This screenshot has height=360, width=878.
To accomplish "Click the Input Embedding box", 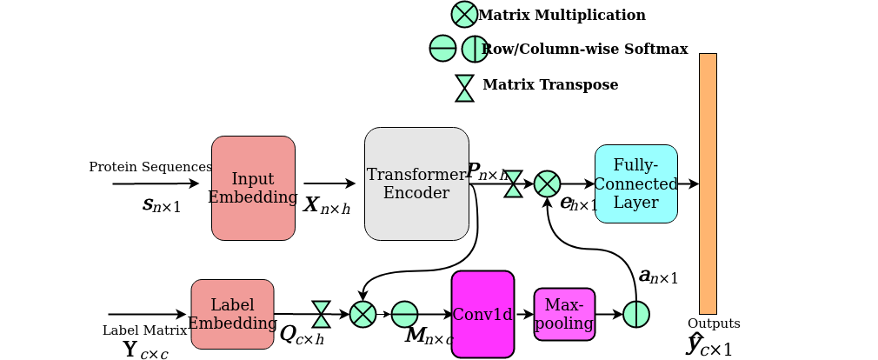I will coord(253,188).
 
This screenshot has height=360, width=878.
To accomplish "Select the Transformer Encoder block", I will coord(416,183).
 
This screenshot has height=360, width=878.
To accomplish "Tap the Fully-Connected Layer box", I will coord(636,183).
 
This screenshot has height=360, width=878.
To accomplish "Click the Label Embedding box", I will coord(232,314).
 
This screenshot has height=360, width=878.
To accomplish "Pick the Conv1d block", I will coord(482,314).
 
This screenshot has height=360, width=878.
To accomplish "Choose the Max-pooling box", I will coord(564,314).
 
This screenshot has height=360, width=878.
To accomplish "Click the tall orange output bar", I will coord(708,183).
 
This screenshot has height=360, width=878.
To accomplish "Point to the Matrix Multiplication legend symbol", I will coord(464,14).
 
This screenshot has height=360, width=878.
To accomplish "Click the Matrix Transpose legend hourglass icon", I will coord(465,88).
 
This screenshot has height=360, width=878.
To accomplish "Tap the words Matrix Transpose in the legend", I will coord(550,85).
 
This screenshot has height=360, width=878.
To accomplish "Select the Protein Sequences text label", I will coord(150,167).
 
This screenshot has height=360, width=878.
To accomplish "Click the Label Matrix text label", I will coord(144,330).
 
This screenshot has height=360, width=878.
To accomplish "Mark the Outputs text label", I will coord(714,323).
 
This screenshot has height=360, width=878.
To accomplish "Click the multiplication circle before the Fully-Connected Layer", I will coord(547,183).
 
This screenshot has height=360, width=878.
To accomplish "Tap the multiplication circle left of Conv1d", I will coord(363,314).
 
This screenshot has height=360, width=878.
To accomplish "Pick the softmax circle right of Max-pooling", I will coord(636,314).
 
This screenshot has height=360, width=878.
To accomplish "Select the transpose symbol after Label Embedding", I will coord(321,314).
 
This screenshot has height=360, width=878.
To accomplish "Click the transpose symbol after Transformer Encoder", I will coord(514,183).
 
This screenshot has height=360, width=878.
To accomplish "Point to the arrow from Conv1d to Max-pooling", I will coord(524,314).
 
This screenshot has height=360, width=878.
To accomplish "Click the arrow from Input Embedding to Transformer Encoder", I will coord(329,183).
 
